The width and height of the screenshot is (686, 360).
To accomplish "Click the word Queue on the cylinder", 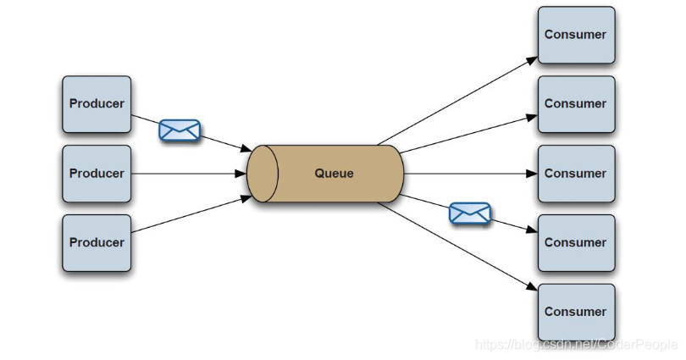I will click(334, 174).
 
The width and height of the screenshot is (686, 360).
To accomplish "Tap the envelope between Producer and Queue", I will click(180, 130).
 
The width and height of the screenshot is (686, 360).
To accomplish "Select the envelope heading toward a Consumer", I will click(469, 213).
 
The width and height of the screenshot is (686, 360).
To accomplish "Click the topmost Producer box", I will click(97, 104).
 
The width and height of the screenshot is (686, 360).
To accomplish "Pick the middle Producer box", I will click(97, 174).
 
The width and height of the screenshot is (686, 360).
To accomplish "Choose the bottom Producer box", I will click(97, 242).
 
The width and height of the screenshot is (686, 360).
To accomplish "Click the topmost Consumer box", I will click(576, 35).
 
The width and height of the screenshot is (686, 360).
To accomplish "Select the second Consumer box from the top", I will click(576, 104).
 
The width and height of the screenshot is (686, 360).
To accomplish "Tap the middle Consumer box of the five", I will click(576, 174).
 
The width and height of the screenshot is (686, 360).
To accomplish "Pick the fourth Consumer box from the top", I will click(576, 242).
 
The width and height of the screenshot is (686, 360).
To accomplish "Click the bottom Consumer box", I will click(576, 312).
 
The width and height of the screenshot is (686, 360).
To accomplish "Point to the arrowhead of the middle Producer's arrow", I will click(242, 174).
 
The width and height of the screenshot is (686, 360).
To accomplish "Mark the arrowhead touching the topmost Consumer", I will click(533, 59).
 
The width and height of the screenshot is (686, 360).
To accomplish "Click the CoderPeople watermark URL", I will click(576, 345).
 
